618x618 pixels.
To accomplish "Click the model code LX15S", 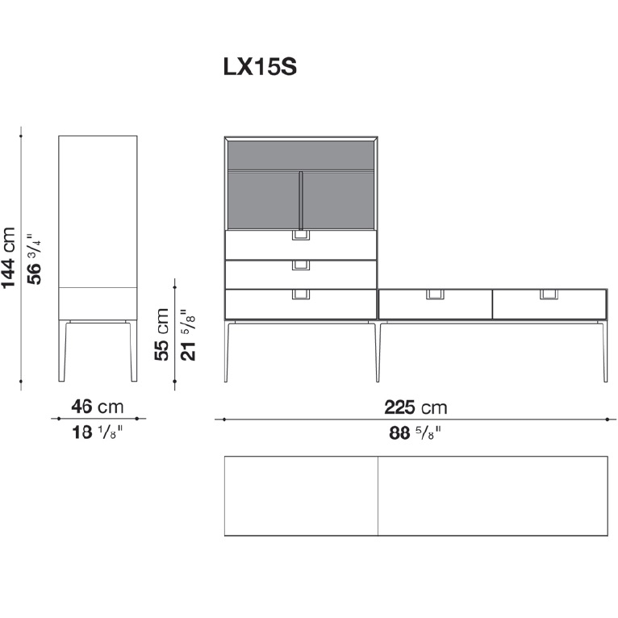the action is pos(260,67).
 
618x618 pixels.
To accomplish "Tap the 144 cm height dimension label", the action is pos(8,258).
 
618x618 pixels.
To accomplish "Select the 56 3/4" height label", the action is pos(35,258).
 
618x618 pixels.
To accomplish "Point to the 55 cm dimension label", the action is pos(161,335).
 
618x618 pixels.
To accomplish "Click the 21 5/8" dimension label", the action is pos(188,335).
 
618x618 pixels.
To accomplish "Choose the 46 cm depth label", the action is pos(98,407).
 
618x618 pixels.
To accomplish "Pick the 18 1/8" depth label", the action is pos(98,432).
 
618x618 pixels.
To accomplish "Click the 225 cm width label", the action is pos(415,407).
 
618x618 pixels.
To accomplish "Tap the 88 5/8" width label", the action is pos(415,433).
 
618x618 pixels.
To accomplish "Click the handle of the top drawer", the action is pos(301,236).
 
